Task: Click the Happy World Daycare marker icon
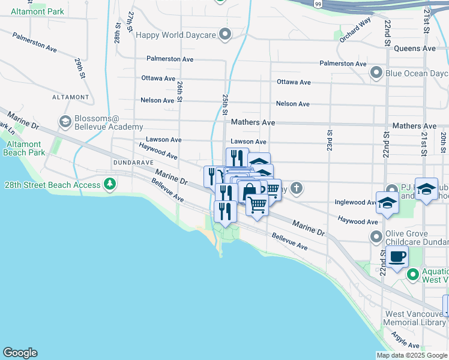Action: pyautogui.click(x=225, y=35)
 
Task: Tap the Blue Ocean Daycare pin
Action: pyautogui.click(x=376, y=73)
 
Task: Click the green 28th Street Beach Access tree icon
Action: pyautogui.click(x=109, y=184)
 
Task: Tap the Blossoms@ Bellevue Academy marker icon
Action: pyautogui.click(x=65, y=122)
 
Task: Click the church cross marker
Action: pyautogui.click(x=296, y=189)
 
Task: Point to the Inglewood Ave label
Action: pyautogui.click(x=355, y=203)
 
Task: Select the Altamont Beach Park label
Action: pyautogui.click(x=25, y=148)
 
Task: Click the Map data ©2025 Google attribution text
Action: pyautogui.click(x=411, y=355)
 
